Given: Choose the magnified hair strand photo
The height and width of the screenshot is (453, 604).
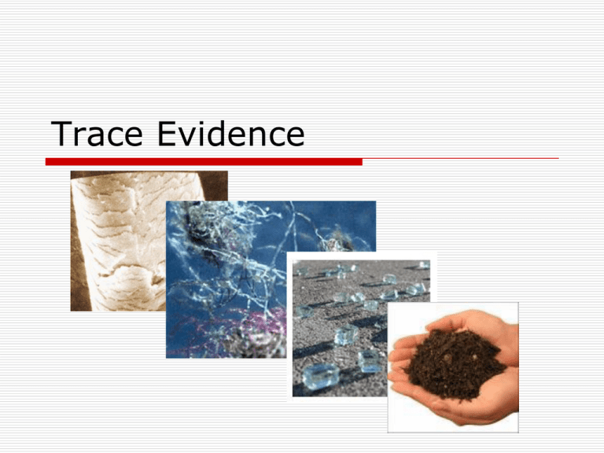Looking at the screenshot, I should pos(118,236).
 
